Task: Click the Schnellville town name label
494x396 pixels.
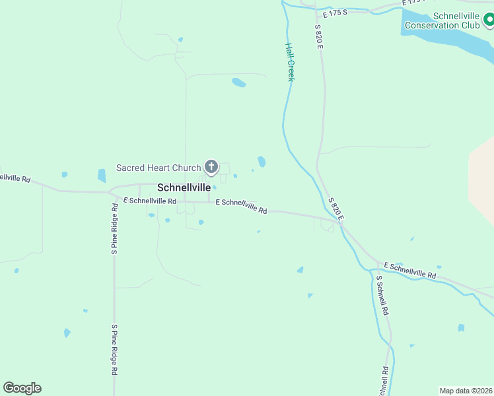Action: point(184,187)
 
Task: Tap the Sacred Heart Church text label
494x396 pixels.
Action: point(159,168)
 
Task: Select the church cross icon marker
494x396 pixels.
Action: point(211,167)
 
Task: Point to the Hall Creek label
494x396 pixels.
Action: point(289,62)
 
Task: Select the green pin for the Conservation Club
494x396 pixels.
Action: point(488,21)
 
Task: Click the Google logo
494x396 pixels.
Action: point(22,388)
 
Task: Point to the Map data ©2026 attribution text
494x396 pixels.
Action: point(466,391)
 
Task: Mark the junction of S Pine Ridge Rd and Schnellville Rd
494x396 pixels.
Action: point(114,193)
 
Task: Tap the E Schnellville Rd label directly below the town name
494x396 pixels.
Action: point(150,201)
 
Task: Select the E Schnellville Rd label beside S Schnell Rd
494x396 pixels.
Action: point(409,271)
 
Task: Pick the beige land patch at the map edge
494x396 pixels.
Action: point(482,178)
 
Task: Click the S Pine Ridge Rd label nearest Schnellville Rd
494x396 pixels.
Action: point(114,228)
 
